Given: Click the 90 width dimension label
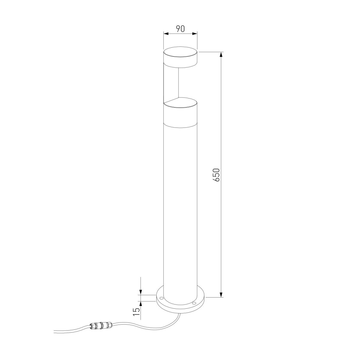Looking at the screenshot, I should point(180,29).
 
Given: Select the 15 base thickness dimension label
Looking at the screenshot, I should point(136,312).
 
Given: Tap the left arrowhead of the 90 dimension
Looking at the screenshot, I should point(165,34).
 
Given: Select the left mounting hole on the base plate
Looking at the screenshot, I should point(161,298).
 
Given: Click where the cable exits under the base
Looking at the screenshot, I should point(179,314).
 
